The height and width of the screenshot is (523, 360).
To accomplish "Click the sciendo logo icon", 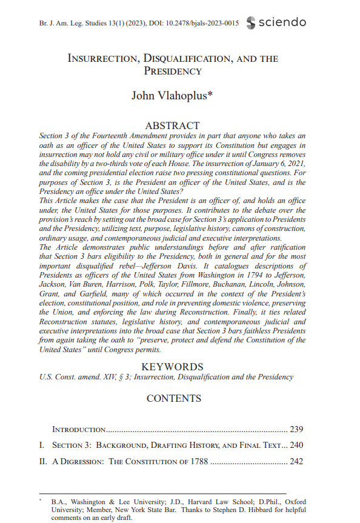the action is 251,22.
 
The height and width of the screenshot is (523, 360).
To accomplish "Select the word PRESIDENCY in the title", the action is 173,72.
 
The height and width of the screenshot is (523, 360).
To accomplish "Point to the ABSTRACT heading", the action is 172,125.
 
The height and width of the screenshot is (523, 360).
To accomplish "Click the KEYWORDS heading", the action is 172,367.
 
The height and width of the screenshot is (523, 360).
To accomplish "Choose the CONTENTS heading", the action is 173,398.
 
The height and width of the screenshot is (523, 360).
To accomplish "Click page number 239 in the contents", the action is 296,430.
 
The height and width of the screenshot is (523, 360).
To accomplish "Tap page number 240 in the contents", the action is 296,445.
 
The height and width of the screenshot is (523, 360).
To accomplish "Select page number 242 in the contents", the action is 296,462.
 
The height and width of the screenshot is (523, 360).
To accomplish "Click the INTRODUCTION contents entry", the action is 79,430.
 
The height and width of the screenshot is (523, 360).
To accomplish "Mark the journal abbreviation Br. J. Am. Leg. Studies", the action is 65,23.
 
